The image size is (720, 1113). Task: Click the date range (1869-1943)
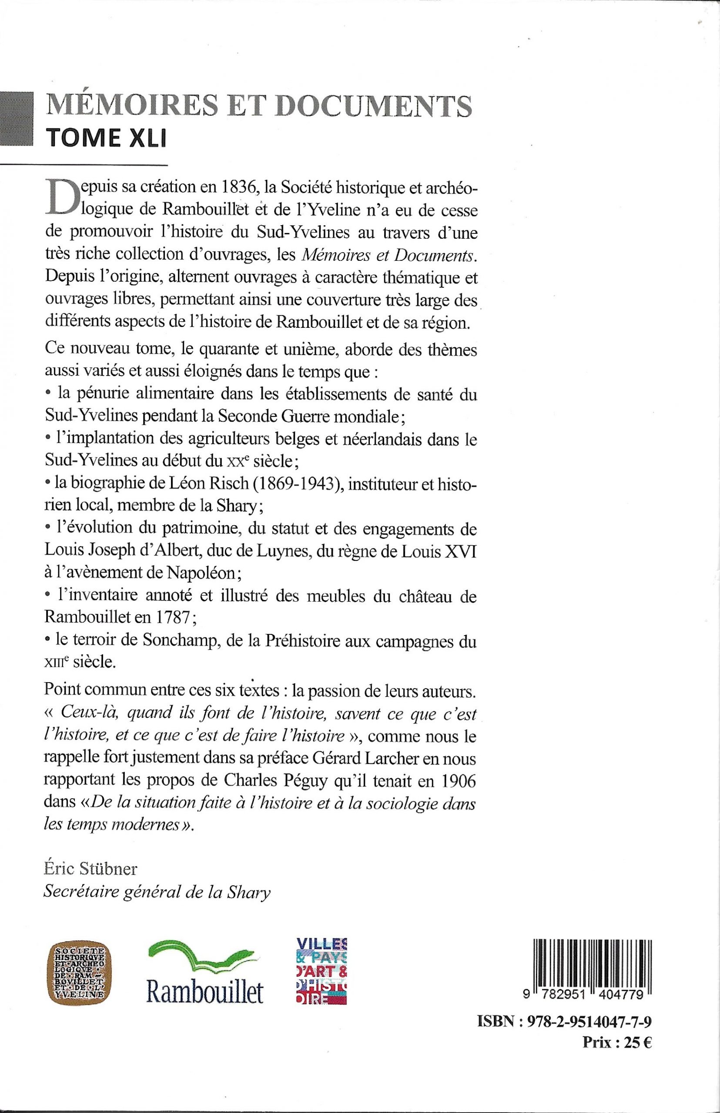tap(300, 483)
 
